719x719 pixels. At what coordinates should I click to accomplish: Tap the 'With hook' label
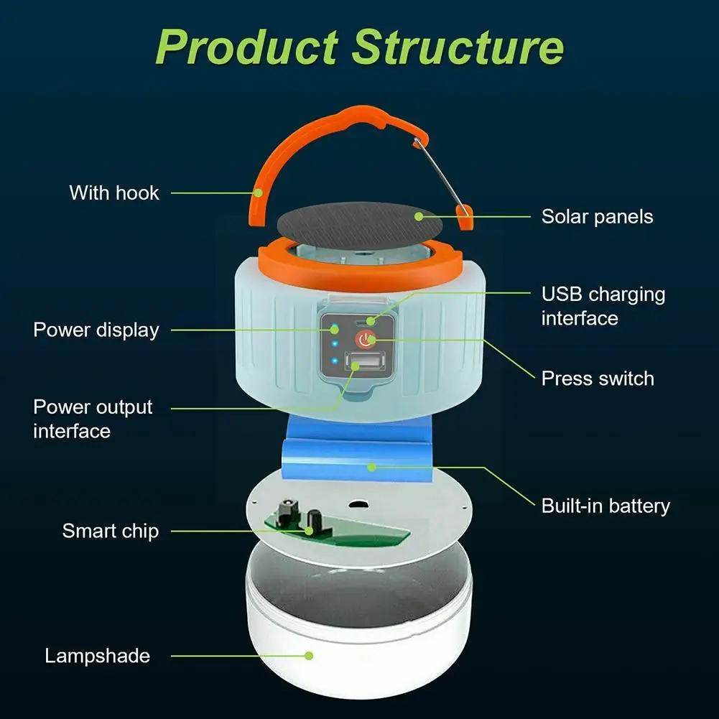(x=114, y=192)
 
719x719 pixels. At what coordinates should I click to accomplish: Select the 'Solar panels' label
(x=597, y=216)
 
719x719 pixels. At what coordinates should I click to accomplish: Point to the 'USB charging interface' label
(x=603, y=305)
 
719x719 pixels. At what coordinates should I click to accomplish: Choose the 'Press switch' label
(x=598, y=379)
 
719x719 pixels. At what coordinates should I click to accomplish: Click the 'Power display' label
(x=96, y=330)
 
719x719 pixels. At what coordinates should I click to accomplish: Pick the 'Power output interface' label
(x=93, y=418)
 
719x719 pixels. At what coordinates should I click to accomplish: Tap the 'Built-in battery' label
(x=606, y=506)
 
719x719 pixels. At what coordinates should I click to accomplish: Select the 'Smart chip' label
(x=110, y=532)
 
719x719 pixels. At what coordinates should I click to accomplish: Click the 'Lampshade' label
(x=97, y=656)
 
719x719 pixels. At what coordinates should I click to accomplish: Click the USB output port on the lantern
(x=358, y=362)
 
